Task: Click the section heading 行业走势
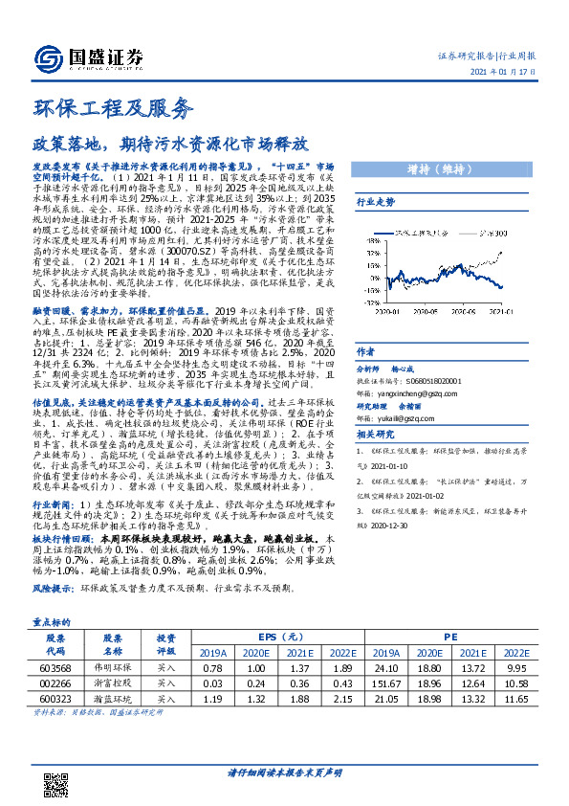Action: click(x=375, y=203)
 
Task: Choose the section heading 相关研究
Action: click(x=375, y=435)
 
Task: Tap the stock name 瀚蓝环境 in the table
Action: click(x=113, y=702)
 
